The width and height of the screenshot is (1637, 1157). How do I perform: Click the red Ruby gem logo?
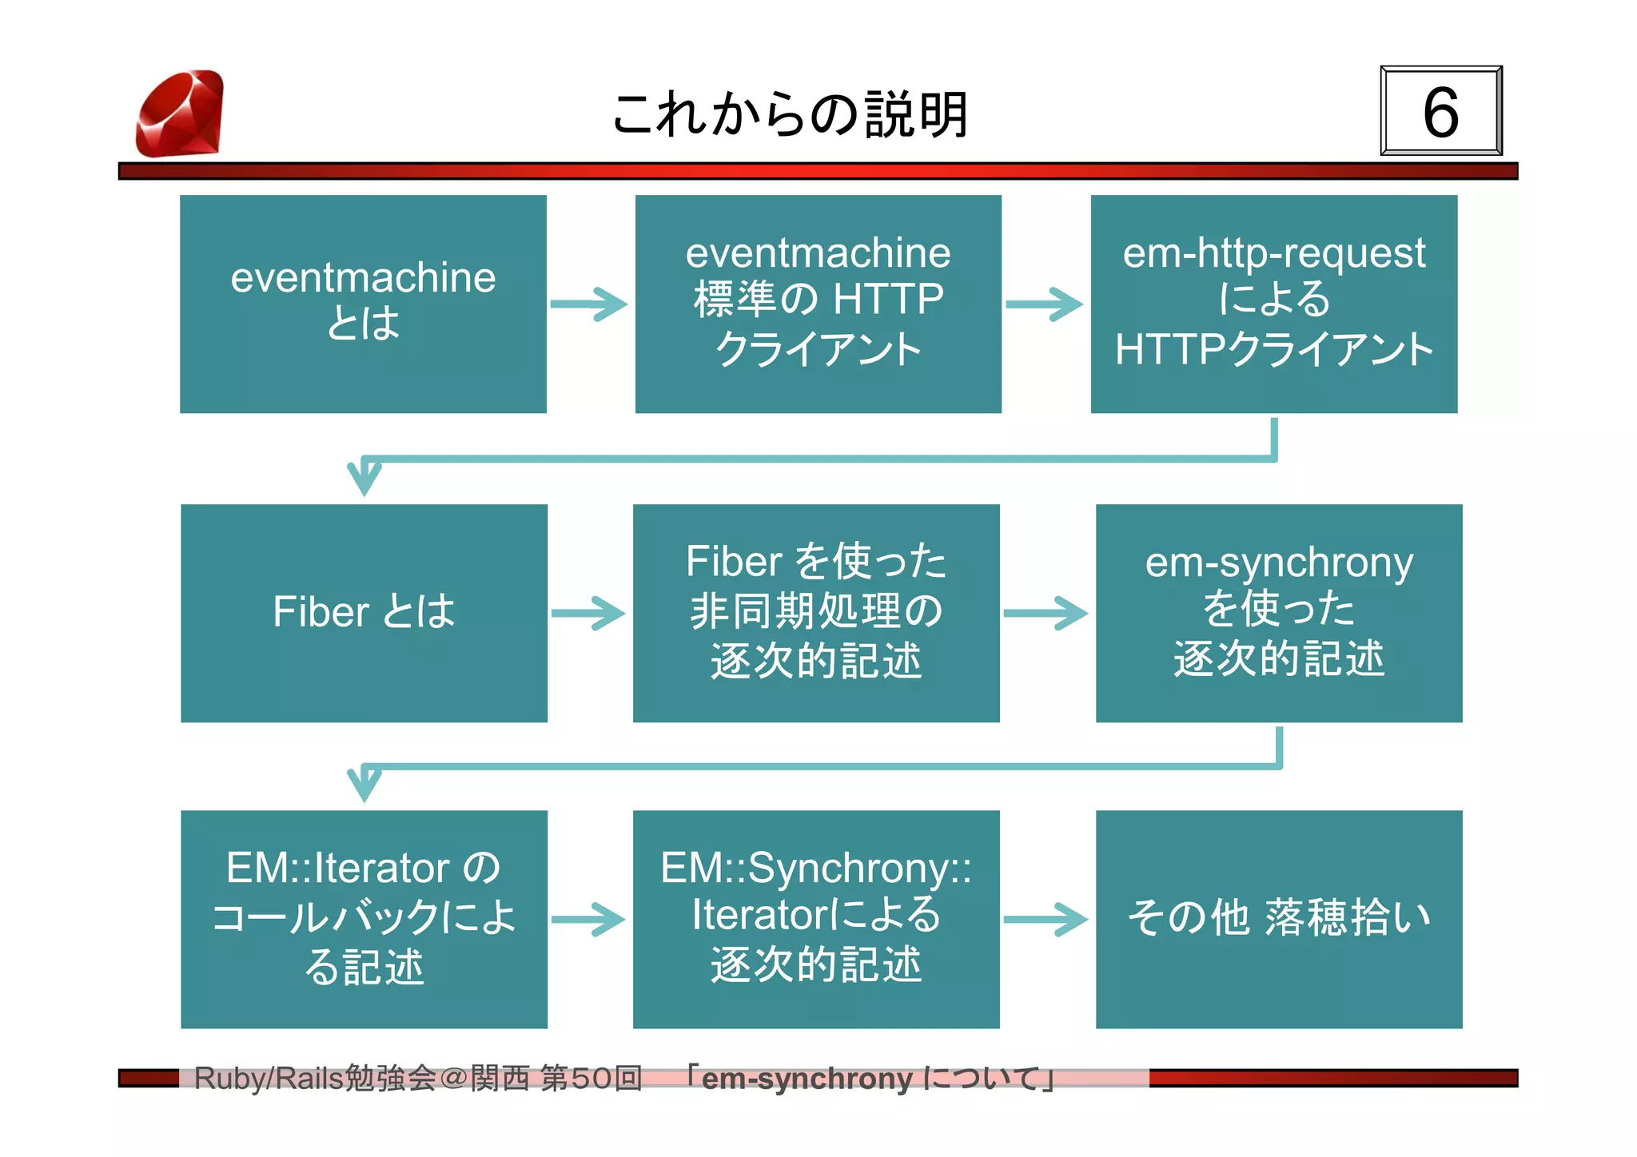[180, 113]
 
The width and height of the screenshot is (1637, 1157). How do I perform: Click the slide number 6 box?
[1440, 111]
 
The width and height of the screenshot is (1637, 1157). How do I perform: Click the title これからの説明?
[790, 113]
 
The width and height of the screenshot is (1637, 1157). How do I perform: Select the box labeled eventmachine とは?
[363, 304]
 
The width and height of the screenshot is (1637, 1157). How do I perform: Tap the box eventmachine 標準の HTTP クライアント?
[818, 304]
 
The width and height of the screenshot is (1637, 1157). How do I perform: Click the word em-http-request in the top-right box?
[1273, 253]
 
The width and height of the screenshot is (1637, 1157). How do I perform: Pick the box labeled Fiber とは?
[364, 613]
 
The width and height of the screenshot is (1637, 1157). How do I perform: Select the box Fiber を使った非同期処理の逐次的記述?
[816, 613]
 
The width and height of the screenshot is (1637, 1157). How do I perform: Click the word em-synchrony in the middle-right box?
[1278, 563]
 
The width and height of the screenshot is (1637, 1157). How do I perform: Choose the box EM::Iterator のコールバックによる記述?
[364, 919]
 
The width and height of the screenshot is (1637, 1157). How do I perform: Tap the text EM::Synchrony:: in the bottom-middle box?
[815, 869]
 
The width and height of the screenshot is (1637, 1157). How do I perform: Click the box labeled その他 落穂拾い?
[1278, 919]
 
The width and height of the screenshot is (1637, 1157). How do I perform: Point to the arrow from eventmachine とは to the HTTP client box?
[590, 304]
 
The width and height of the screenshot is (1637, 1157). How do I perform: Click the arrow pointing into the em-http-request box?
[1045, 304]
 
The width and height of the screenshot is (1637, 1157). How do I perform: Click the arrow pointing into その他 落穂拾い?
[1046, 920]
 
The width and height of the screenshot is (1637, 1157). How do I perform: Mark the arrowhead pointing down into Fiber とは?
[364, 477]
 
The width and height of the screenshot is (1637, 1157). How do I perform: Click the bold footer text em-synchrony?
[807, 1079]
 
